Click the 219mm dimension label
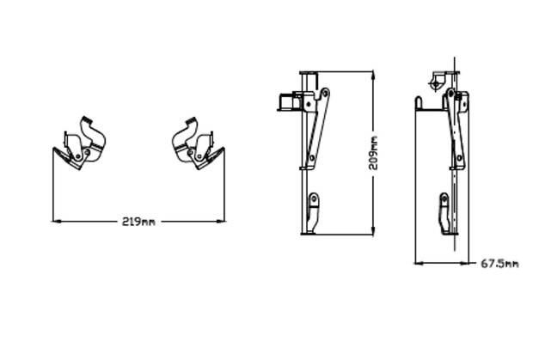pyautogui.click(x=138, y=222)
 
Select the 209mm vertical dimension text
pyautogui.click(x=373, y=153)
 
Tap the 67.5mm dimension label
pyautogui.click(x=499, y=264)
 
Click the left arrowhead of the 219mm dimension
pyautogui.click(x=57, y=222)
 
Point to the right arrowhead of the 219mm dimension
pyautogui.click(x=220, y=222)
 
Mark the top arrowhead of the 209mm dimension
pyautogui.click(x=373, y=76)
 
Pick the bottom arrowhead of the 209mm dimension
pyautogui.click(x=373, y=230)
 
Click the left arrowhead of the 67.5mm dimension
pyautogui.click(x=419, y=263)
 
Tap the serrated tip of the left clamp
pyautogui.click(x=87, y=119)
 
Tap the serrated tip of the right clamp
pyautogui.click(x=191, y=120)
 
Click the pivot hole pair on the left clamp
pyautogui.click(x=83, y=154)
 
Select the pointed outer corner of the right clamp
pyautogui.click(x=223, y=149)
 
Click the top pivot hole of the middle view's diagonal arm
pyautogui.click(x=326, y=93)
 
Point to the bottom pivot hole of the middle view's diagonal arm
pyautogui.click(x=312, y=157)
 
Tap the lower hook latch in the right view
pyautogui.click(x=444, y=213)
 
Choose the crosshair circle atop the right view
pyautogui.click(x=436, y=84)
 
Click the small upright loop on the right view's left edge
pyautogui.click(x=419, y=103)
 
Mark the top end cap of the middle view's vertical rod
pyautogui.click(x=309, y=73)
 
